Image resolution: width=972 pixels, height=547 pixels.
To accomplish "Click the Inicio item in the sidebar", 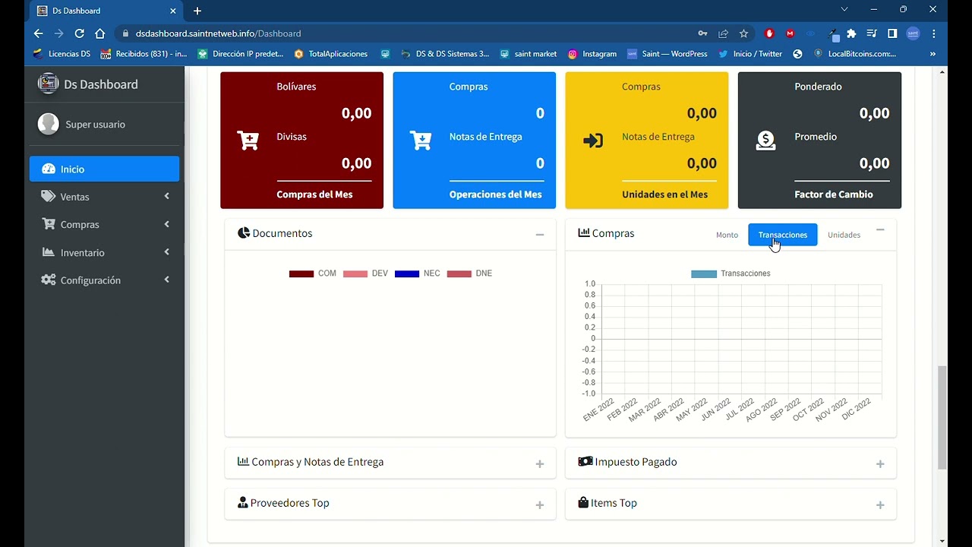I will tap(72, 169).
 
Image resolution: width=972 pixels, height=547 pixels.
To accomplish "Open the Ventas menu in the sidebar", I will tap(74, 197).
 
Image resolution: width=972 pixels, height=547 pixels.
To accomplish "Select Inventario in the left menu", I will tap(82, 253).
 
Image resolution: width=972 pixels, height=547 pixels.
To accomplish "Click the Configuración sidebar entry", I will tap(90, 280).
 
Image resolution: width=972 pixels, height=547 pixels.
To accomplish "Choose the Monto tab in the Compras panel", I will tap(727, 236).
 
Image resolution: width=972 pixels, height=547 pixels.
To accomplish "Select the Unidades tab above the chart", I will tap(844, 236).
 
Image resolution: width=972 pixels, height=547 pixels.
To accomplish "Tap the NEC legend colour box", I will tap(407, 273).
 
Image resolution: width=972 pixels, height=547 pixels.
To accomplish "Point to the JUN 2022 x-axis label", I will tap(715, 409).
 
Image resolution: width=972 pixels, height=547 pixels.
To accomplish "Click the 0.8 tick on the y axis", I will tap(589, 295).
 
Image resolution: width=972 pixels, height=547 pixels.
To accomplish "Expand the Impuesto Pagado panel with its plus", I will tap(880, 464).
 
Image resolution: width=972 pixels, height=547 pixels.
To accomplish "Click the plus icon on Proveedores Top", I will tap(540, 505).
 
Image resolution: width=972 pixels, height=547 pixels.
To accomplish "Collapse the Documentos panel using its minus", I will tap(540, 236).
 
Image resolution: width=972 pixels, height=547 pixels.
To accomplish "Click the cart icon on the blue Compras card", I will tap(421, 141).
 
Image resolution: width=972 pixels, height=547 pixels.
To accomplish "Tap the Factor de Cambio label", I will tap(833, 194).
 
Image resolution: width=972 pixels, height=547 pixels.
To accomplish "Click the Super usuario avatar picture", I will tap(49, 124).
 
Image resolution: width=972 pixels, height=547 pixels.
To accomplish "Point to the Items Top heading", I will tap(614, 503).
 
